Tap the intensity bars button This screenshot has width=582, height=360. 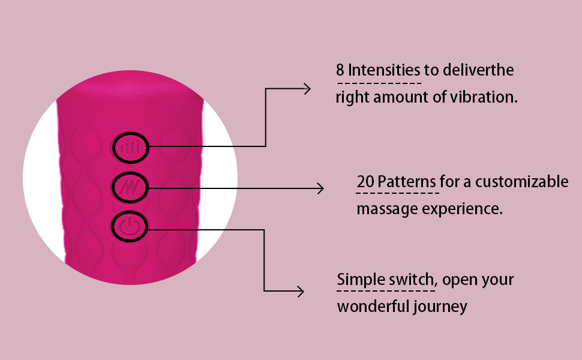click(x=130, y=146)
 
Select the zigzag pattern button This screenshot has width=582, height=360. click(x=130, y=188)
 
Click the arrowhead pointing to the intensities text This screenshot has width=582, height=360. click(x=307, y=89)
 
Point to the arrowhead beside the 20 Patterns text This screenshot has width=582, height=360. click(x=319, y=188)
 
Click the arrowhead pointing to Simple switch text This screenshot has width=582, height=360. click(x=299, y=292)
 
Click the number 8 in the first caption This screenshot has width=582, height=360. click(x=340, y=70)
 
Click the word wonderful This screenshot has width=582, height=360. click(x=373, y=307)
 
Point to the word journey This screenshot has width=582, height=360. click(x=440, y=307)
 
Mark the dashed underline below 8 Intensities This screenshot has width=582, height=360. click(x=380, y=82)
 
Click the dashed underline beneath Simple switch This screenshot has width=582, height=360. click(x=386, y=290)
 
